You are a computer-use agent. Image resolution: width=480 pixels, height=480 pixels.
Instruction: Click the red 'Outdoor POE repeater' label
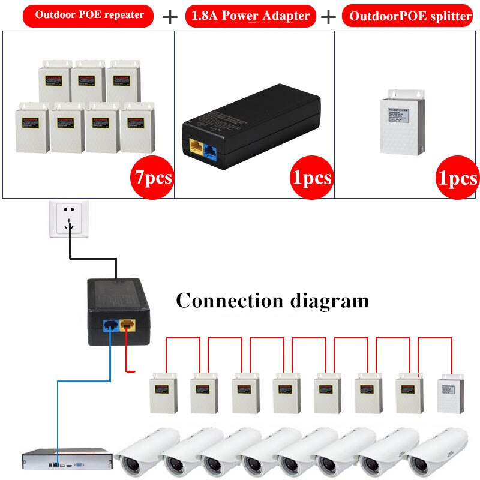tap(89, 15)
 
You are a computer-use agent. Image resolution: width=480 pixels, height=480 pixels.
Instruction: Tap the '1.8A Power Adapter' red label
tap(250, 16)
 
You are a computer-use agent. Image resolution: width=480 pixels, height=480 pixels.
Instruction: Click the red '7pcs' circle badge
tap(151, 176)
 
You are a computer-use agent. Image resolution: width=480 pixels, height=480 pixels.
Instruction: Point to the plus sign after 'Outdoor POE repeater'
tap(170, 16)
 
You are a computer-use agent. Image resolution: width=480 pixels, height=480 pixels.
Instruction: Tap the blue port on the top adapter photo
tap(211, 148)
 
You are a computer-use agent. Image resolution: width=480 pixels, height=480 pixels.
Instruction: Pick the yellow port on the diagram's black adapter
tap(128, 326)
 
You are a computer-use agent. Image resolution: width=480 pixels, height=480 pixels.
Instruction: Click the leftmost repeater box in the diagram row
tap(161, 393)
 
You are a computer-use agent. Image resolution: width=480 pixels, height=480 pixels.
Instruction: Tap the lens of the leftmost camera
tap(128, 463)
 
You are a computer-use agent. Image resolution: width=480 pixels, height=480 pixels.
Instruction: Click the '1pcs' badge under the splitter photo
tap(457, 178)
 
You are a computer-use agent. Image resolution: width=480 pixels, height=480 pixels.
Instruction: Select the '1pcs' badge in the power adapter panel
tap(310, 178)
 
